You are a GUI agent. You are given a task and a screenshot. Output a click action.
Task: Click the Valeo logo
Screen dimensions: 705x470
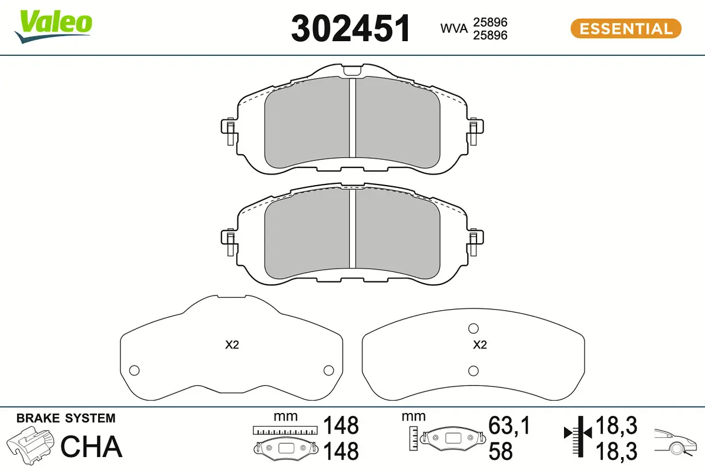pos(53,27)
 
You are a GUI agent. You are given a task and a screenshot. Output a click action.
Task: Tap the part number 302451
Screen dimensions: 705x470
pos(351,28)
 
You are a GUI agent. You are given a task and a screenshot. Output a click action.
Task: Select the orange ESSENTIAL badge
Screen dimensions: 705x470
pos(626,29)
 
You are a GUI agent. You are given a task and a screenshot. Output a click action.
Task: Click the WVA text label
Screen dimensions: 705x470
pos(454,28)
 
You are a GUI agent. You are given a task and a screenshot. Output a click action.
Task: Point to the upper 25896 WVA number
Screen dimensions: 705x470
pos(490,22)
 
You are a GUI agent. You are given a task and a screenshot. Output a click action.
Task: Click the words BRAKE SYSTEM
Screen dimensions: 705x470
pos(66,418)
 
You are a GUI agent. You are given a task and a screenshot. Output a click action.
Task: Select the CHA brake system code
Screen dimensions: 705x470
pos(91,446)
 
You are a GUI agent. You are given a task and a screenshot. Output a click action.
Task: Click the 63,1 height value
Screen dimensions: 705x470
pos(509,425)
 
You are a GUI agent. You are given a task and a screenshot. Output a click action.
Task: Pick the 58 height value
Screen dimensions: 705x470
pos(501,451)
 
